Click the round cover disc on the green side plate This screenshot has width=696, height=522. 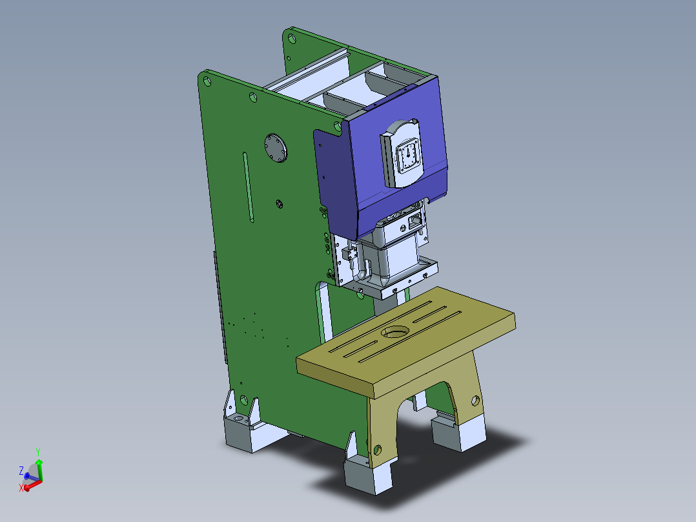click(277, 149)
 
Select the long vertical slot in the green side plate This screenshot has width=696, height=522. click(248, 187)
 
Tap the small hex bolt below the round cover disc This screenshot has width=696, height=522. click(279, 204)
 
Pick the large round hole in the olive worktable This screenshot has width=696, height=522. click(394, 332)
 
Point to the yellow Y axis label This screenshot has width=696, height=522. click(39, 452)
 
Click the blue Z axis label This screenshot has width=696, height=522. click(21, 470)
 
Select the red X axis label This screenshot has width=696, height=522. click(21, 488)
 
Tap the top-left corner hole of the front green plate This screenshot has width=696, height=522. click(207, 81)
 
